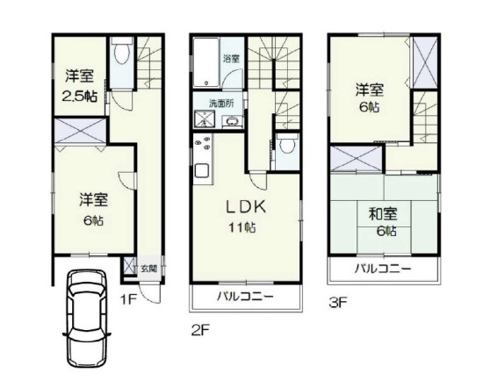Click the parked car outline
(87, 318)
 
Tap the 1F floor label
(128, 300)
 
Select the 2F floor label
(200, 331)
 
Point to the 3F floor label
(338, 302)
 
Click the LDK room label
(246, 207)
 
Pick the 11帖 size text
(242, 227)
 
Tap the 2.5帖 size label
(79, 97)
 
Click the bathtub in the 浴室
(205, 62)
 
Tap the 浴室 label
(231, 58)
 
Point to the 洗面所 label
(221, 104)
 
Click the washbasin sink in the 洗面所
(232, 121)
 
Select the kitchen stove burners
(202, 143)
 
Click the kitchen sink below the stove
(202, 170)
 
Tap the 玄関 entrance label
(148, 268)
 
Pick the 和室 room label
(383, 214)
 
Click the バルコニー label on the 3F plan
(383, 269)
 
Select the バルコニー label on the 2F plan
(245, 296)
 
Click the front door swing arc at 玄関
(147, 297)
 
